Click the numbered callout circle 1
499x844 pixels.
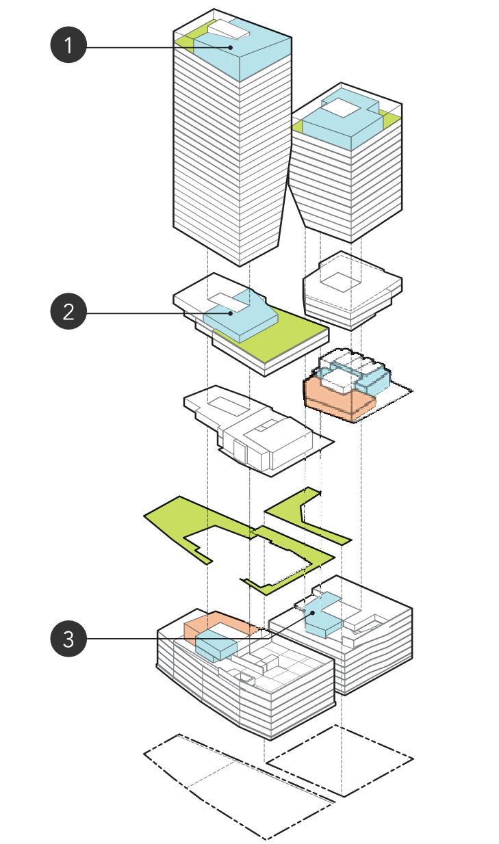[x=68, y=47]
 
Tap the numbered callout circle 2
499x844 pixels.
[x=68, y=313]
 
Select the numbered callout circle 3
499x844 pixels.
[x=68, y=639]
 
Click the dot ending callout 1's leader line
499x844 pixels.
[x=231, y=47]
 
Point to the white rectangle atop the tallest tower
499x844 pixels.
[x=230, y=29]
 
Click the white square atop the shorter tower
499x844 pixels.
[x=340, y=107]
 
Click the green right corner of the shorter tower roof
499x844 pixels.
[x=390, y=119]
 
